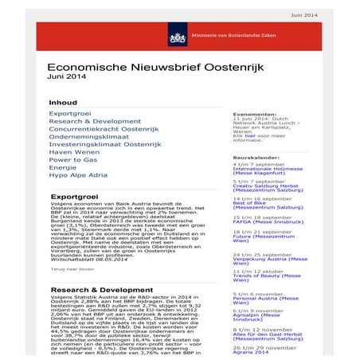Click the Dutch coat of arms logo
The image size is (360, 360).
pos(175,37)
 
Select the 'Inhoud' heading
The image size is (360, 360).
pos(63,103)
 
